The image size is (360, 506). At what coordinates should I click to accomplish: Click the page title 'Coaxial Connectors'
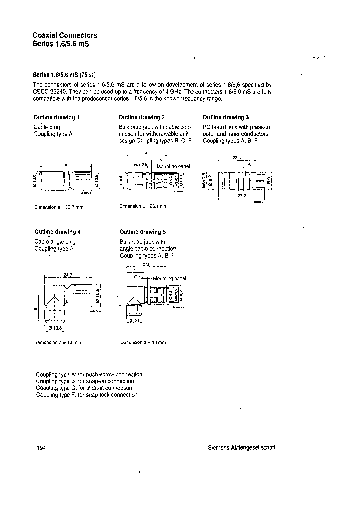click(x=65, y=35)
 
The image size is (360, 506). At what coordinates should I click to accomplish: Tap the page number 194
click(x=41, y=448)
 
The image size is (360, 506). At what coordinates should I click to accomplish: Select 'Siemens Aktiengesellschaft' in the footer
click(x=241, y=448)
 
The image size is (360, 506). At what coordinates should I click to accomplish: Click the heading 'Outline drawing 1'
click(x=57, y=117)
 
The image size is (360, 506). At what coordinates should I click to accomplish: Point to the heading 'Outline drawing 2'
click(x=142, y=117)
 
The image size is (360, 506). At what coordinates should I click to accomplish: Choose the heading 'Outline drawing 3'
click(x=226, y=117)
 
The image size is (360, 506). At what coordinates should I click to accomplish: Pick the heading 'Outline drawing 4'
click(x=57, y=232)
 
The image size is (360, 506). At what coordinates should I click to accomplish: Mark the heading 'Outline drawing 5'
click(x=142, y=232)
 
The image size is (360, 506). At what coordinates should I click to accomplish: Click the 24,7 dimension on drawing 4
click(x=68, y=275)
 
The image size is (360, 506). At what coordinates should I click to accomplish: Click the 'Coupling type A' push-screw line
click(x=89, y=374)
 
